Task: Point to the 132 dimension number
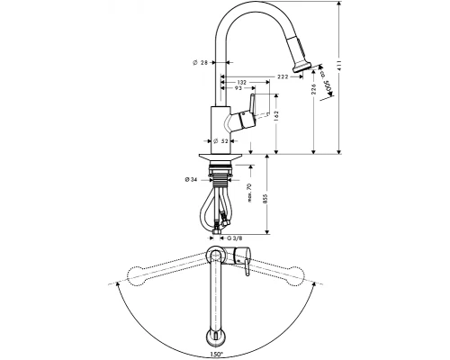click(x=240, y=80)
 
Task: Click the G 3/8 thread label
click(x=236, y=237)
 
